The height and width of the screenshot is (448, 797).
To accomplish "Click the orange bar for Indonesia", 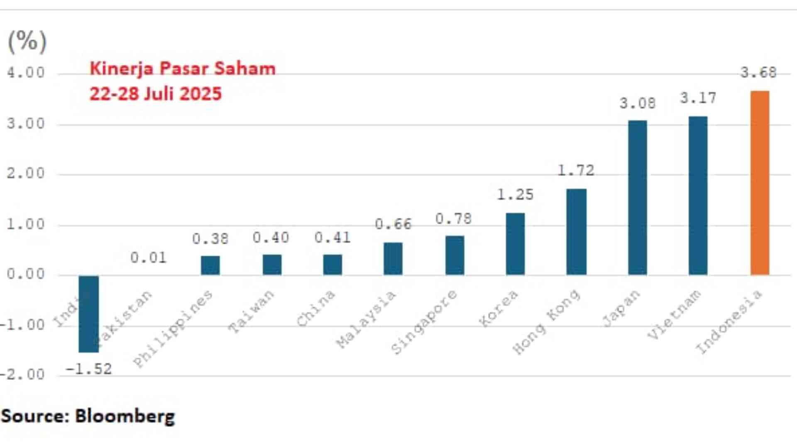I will tap(760, 183).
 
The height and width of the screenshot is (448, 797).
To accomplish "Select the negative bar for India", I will tap(89, 314).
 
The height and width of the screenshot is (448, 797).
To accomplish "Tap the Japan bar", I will tap(638, 197).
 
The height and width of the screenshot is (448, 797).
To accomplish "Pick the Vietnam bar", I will tap(698, 195).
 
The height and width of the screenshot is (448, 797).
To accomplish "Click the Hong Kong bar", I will tap(577, 232).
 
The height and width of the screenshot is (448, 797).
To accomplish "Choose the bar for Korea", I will tap(515, 244).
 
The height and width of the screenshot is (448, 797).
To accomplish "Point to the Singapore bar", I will tap(455, 256).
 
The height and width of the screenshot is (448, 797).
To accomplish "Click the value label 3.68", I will tap(758, 73).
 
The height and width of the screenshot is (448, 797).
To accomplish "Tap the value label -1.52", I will tap(89, 369).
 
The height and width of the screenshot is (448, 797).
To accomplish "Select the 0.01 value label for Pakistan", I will tap(148, 258).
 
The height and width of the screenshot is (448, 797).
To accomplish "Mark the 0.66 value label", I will tap(393, 224).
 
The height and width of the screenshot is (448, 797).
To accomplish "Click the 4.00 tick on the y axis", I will tap(26, 73).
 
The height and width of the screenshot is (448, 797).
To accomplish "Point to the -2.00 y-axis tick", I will tap(22, 375).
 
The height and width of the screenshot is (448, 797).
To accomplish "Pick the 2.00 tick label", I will tap(26, 173).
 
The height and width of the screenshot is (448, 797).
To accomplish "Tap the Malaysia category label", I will tap(366, 319).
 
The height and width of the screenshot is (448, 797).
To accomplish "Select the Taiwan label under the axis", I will tap(252, 312).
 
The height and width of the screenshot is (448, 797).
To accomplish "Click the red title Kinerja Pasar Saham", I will tap(183, 69).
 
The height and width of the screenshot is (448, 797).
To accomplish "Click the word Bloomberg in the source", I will tap(125, 416).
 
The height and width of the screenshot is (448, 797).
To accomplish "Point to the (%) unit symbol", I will tap(27, 41).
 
